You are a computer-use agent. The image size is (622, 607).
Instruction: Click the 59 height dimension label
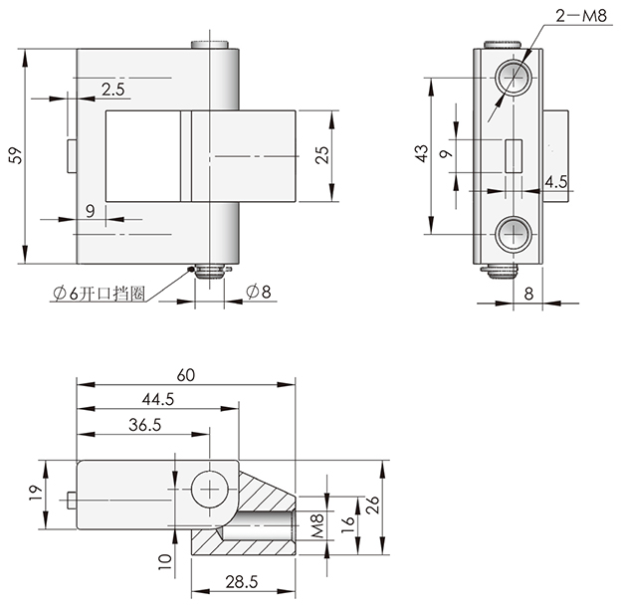(16, 155)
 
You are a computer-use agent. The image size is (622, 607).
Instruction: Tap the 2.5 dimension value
(112, 90)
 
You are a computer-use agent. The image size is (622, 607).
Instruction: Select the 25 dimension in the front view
(322, 155)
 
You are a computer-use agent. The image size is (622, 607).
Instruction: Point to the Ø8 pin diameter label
(258, 292)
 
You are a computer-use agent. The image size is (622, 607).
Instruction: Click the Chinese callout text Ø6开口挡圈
(100, 294)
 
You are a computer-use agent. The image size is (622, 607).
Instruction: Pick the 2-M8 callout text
(581, 16)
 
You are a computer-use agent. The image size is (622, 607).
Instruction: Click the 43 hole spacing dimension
(422, 153)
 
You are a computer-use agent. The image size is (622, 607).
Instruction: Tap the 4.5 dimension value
(555, 182)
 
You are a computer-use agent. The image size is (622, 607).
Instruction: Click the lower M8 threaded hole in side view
(514, 234)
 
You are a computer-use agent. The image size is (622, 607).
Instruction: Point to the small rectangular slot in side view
(514, 156)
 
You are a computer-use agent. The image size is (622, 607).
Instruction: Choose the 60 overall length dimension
(186, 375)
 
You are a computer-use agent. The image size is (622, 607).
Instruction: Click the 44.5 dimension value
(158, 399)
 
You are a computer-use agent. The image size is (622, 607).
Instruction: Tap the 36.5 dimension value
(144, 425)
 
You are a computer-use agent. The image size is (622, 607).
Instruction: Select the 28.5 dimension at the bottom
(242, 582)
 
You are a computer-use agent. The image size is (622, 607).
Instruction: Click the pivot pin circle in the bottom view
(210, 490)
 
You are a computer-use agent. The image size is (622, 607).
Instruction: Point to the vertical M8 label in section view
(317, 525)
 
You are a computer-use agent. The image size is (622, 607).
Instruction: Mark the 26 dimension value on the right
(372, 506)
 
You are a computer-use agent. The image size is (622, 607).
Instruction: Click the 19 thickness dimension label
(35, 494)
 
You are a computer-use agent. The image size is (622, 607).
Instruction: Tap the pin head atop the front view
(210, 45)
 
